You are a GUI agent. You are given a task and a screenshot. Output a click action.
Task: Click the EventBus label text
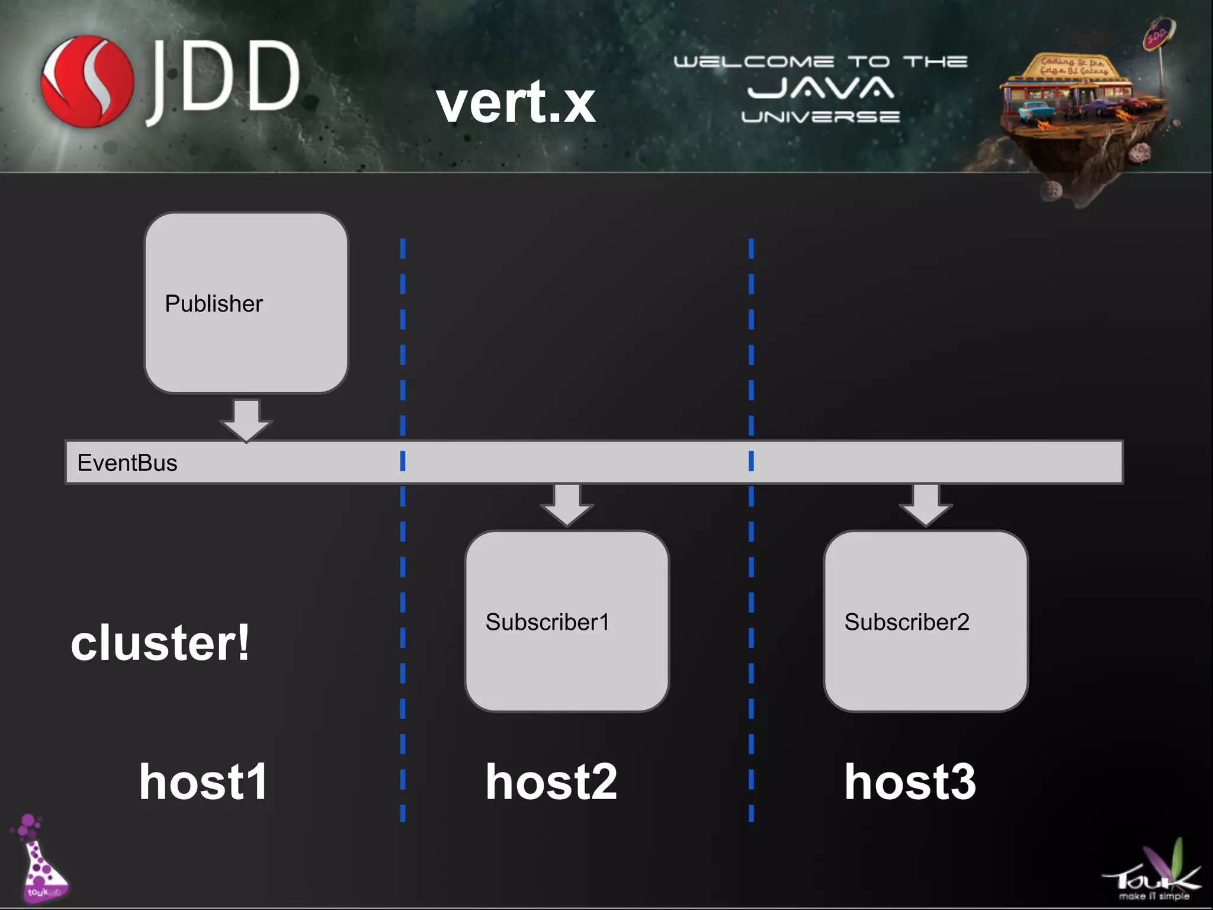(x=127, y=463)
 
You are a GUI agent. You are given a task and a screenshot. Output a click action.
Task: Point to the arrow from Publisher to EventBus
(x=246, y=419)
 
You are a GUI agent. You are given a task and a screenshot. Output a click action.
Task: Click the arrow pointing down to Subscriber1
(x=567, y=504)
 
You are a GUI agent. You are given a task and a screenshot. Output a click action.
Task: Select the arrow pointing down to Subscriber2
(x=926, y=504)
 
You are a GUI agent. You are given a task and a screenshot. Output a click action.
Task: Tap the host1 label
(x=204, y=782)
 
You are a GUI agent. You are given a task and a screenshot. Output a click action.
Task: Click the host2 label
(x=551, y=782)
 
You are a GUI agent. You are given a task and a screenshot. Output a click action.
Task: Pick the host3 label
(x=910, y=782)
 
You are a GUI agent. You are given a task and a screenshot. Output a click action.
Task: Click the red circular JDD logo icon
(x=87, y=82)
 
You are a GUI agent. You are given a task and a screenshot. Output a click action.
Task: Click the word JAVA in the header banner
(x=820, y=89)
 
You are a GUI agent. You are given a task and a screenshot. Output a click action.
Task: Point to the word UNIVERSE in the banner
(x=820, y=117)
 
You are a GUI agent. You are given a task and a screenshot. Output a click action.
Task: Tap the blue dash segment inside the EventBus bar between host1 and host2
(x=403, y=461)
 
